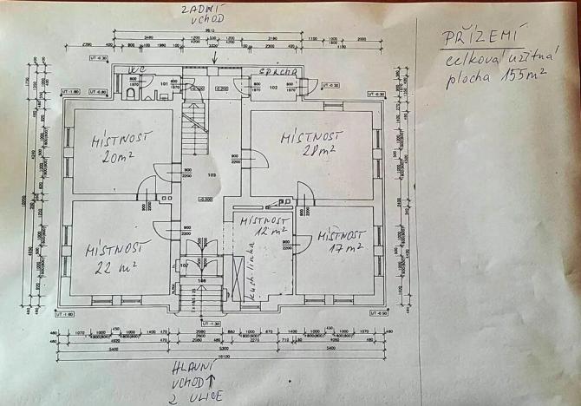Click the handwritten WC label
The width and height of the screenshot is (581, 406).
(136, 69)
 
